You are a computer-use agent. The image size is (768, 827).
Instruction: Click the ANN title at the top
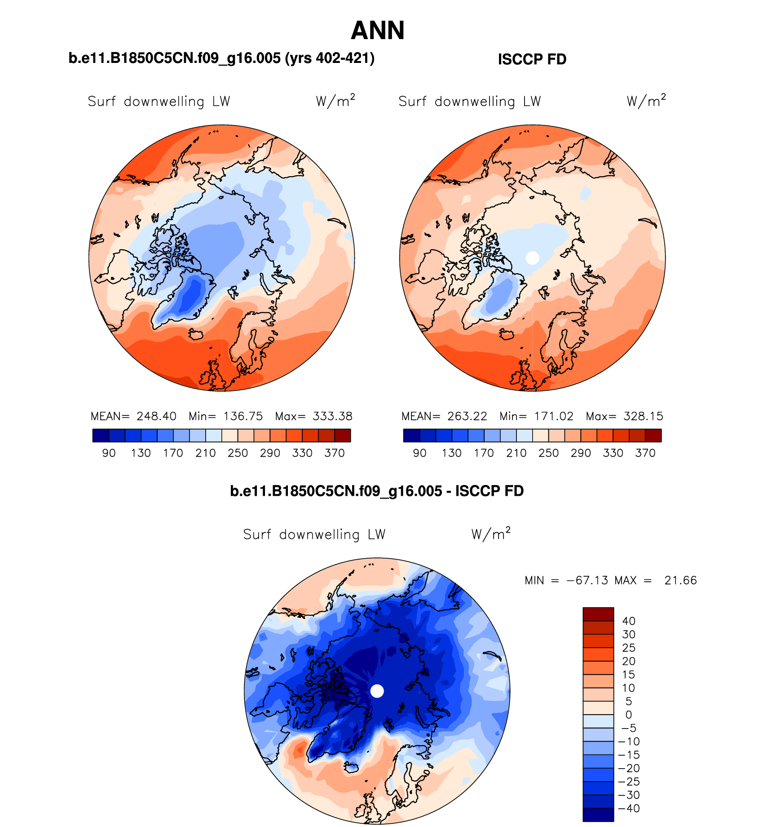(378, 31)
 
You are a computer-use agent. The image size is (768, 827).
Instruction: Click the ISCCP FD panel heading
(532, 59)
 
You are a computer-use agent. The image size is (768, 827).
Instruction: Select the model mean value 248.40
(156, 416)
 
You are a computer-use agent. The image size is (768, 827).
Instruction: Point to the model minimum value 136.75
(243, 416)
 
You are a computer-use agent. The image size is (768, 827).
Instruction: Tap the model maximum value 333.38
(332, 416)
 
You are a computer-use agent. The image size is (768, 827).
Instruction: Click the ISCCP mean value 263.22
(467, 416)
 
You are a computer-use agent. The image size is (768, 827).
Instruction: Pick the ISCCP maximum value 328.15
(643, 416)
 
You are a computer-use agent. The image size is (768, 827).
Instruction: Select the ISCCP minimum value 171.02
(554, 416)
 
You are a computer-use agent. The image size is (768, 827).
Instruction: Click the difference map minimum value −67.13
(587, 580)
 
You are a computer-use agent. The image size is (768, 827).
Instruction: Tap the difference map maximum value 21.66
(680, 580)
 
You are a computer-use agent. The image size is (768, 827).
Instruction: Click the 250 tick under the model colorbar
(238, 453)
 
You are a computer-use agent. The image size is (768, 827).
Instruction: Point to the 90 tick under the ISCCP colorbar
(419, 453)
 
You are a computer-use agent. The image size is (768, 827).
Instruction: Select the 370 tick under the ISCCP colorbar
(645, 453)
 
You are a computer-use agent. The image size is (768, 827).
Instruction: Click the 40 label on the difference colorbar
(629, 621)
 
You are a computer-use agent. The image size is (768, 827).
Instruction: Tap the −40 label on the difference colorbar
(629, 808)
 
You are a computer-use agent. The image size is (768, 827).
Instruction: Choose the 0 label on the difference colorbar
(629, 715)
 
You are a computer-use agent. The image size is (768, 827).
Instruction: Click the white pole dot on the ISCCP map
(532, 258)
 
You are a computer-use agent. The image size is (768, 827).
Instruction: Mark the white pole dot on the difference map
(377, 691)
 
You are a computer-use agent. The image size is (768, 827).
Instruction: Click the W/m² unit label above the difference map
(491, 534)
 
